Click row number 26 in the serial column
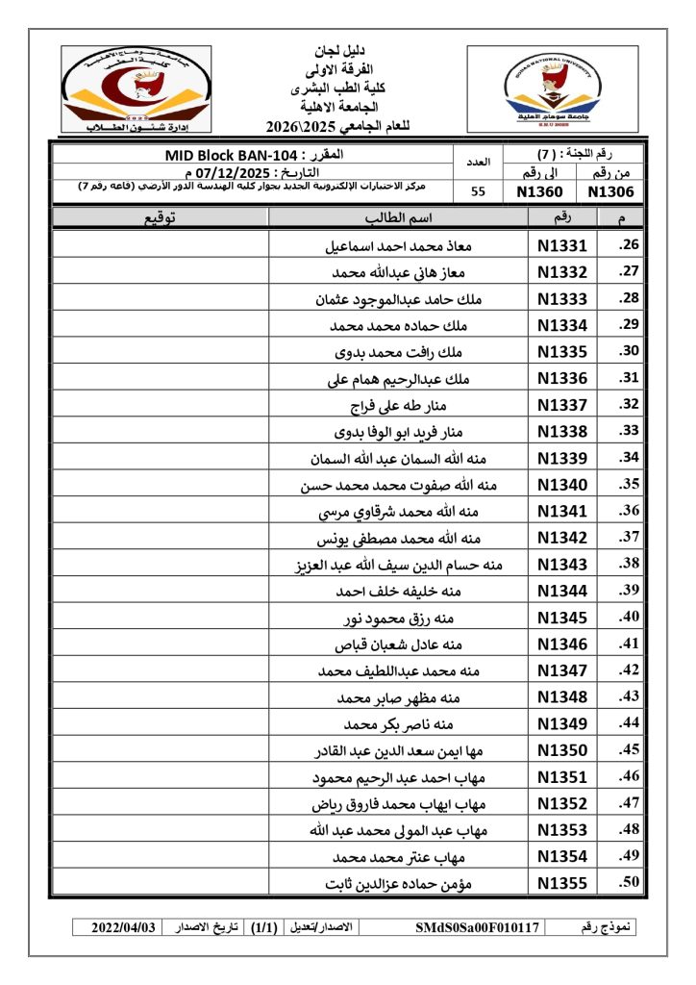click(x=630, y=246)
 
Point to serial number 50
click(x=630, y=882)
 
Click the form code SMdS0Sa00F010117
click(x=479, y=928)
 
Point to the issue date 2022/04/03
click(x=122, y=928)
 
